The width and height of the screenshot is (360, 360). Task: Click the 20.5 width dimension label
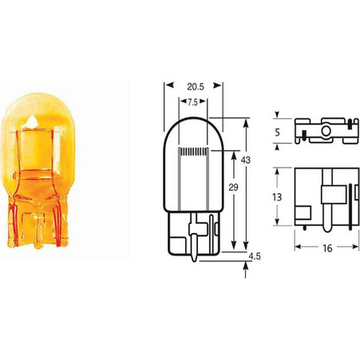click(196, 87)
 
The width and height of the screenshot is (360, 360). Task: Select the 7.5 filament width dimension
click(193, 102)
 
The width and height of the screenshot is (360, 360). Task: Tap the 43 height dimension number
click(246, 160)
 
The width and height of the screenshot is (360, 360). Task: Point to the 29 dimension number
click(233, 188)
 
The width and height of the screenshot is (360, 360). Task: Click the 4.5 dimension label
click(255, 256)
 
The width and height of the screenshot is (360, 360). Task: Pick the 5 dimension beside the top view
click(277, 133)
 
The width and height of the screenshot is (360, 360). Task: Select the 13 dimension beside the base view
click(277, 197)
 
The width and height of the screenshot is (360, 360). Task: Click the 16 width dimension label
click(327, 248)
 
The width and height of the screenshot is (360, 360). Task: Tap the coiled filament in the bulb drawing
click(193, 152)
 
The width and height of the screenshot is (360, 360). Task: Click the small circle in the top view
click(326, 131)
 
